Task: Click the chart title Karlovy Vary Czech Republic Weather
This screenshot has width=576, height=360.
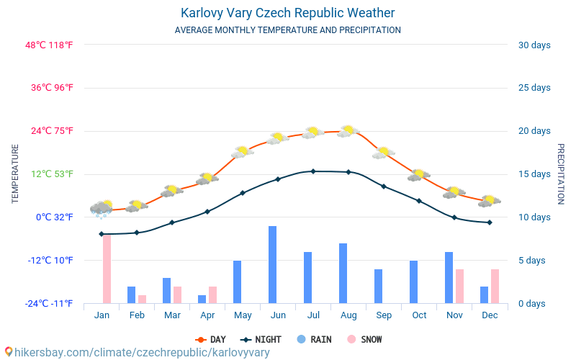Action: click(287, 13)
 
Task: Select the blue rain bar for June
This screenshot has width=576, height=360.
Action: click(273, 264)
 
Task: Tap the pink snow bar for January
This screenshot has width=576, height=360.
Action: click(107, 269)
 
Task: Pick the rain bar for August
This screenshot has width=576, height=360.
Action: click(343, 273)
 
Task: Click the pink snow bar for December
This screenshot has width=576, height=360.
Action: click(495, 286)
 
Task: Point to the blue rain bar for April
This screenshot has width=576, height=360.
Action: click(202, 299)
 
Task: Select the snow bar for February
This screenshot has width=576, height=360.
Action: click(142, 299)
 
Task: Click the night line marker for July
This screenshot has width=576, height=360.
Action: click(313, 171)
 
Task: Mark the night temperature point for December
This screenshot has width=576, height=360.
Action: click(490, 222)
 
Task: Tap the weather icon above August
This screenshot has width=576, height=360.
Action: click(348, 131)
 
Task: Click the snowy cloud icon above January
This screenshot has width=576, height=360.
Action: click(102, 208)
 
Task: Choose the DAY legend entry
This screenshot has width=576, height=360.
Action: click(211, 340)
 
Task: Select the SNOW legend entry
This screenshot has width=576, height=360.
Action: click(364, 340)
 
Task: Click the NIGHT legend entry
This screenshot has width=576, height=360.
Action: click(261, 340)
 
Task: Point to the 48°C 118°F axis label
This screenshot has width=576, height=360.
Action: click(50, 45)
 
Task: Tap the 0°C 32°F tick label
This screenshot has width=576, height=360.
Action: click(55, 217)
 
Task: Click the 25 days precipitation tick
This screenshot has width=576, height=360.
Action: click(534, 88)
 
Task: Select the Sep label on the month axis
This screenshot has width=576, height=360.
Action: click(384, 315)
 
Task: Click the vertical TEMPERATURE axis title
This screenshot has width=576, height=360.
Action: click(15, 174)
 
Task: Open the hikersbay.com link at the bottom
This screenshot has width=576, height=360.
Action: click(137, 352)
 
